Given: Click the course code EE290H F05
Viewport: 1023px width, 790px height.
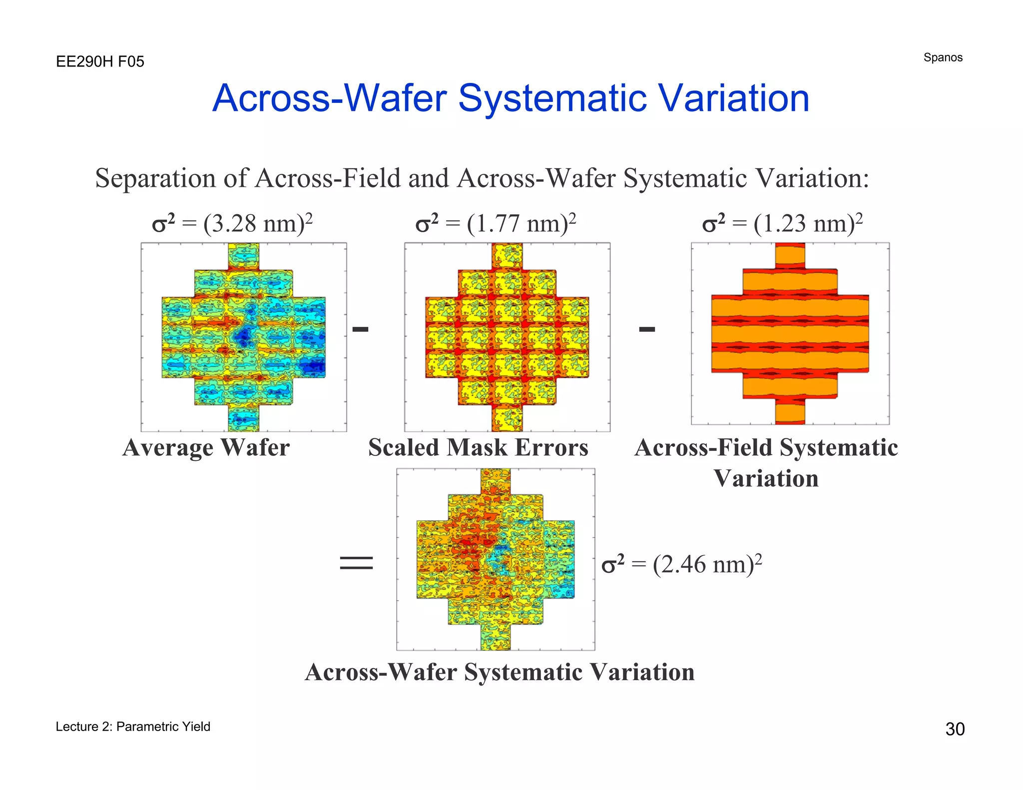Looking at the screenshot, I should coord(100,62).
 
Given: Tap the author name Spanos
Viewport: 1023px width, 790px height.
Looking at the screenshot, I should coord(943,57).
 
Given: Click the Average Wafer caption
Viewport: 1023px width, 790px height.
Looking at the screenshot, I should coord(206,447).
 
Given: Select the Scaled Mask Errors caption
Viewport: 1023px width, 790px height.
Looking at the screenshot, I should coord(478,447).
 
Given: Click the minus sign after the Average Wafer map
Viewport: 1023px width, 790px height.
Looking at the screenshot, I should coord(360,329).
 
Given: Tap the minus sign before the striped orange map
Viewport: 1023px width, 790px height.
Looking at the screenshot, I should coord(647,329).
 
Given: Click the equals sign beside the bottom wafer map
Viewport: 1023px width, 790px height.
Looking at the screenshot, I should coord(356,563).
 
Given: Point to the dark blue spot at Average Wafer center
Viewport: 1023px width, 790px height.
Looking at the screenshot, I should coord(244,336).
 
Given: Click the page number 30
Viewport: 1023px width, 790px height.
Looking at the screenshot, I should coord(955,729).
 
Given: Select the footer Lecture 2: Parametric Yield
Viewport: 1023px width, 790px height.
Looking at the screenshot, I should coord(133,727).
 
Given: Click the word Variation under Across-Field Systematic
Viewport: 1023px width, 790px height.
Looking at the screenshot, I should coord(766,478).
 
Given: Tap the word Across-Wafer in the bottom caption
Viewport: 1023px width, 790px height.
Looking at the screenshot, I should coord(381,672).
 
